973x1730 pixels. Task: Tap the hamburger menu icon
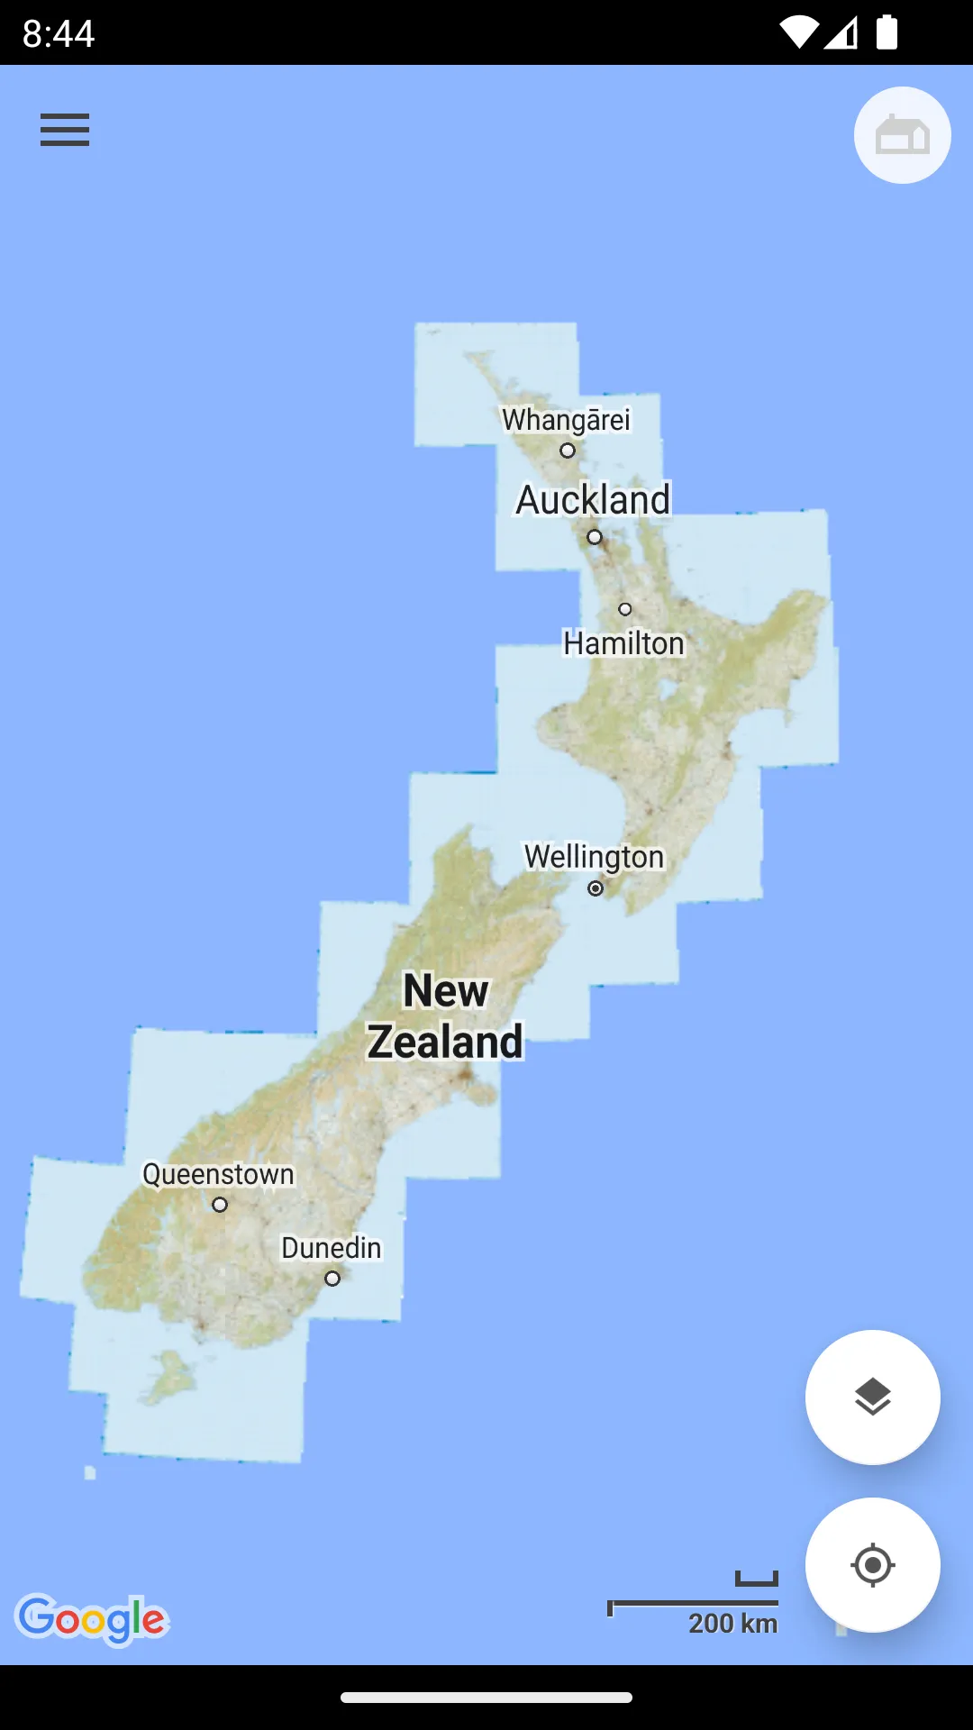coord(65,130)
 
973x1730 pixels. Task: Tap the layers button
coord(872,1398)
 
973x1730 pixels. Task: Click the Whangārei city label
coord(566,420)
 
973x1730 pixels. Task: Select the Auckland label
coord(593,500)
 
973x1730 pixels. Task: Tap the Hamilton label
coord(623,643)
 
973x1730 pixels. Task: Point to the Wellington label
coord(594,856)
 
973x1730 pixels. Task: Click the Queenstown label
coord(218,1174)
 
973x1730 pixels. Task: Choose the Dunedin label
coord(331,1248)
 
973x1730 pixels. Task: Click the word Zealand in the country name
coord(445,1042)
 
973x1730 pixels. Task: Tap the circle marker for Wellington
coord(596,888)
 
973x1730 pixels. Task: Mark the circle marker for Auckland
coord(595,537)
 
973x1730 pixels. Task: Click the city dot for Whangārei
coord(568,451)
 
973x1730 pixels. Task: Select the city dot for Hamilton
coord(625,609)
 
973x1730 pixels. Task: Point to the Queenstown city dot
coord(220,1205)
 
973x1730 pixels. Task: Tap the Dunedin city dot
coord(332,1279)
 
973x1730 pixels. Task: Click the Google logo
coord(92,1619)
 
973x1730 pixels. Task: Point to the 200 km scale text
coord(732,1624)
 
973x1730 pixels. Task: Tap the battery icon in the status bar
coord(887,32)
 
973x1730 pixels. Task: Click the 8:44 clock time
coord(59,33)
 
